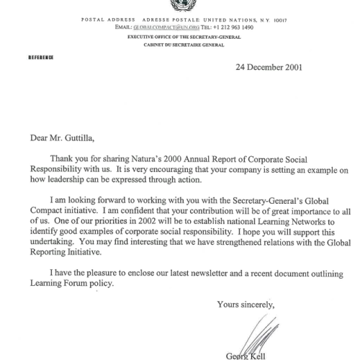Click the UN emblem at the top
coord(179,5)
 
